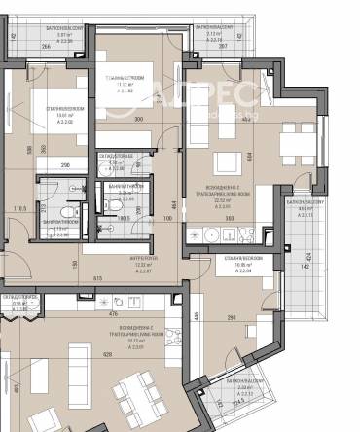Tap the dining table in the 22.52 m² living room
coord(292,146)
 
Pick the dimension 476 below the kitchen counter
coord(112,312)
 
